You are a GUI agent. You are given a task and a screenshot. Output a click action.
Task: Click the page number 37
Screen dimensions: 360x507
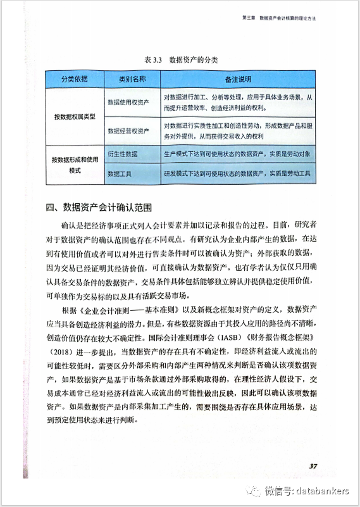[x=313, y=466]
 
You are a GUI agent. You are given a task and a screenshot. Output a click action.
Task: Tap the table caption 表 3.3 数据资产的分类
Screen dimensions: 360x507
[x=181, y=60]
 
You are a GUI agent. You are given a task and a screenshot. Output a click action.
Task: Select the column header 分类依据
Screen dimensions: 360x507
[x=74, y=80]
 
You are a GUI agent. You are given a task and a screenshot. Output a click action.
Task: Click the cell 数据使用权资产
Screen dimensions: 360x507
[x=128, y=102]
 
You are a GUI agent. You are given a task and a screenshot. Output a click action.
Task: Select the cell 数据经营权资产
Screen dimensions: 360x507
[x=128, y=131]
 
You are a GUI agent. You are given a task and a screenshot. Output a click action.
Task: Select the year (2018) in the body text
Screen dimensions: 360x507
[x=61, y=350]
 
